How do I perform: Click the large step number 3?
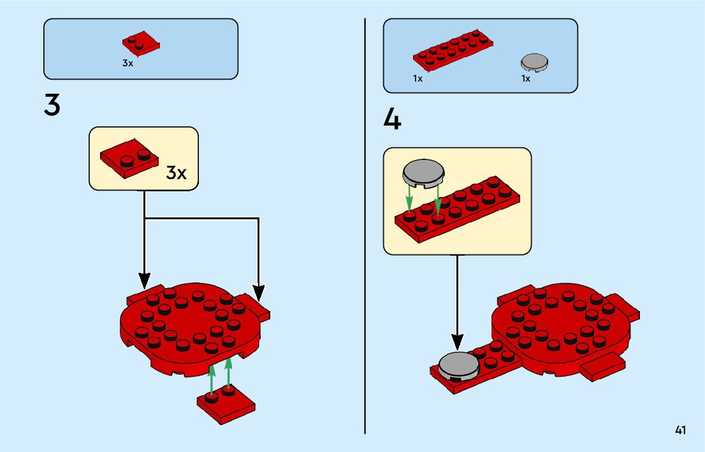pyautogui.click(x=52, y=105)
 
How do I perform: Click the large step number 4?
pyautogui.click(x=393, y=119)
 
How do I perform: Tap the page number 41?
pyautogui.click(x=681, y=430)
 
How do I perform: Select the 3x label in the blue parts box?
pyautogui.click(x=128, y=64)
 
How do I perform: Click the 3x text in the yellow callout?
pyautogui.click(x=177, y=173)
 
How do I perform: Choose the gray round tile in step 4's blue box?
pyautogui.click(x=535, y=62)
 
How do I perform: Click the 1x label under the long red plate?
pyautogui.click(x=418, y=79)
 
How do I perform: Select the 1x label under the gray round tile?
pyautogui.click(x=526, y=79)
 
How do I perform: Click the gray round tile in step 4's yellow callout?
pyautogui.click(x=423, y=173)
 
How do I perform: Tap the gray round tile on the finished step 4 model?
pyautogui.click(x=458, y=366)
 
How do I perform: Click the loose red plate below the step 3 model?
pyautogui.click(x=226, y=404)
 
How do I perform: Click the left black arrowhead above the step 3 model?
pyautogui.click(x=145, y=280)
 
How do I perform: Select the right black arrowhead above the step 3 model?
pyautogui.click(x=258, y=292)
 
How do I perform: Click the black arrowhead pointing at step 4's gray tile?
pyautogui.click(x=457, y=342)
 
